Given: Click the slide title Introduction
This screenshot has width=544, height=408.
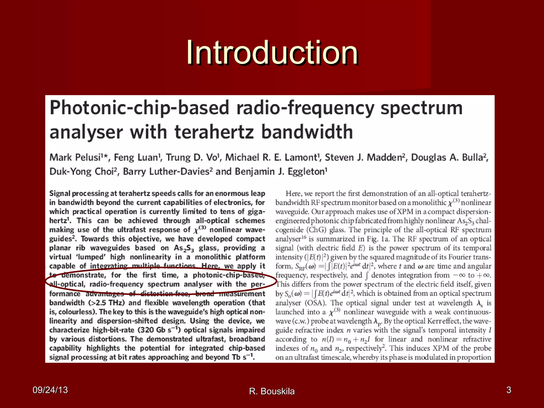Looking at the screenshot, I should [x=272, y=52].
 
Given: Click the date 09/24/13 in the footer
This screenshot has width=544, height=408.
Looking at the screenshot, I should [x=50, y=390].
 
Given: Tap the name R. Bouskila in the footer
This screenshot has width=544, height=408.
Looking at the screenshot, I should [x=272, y=391].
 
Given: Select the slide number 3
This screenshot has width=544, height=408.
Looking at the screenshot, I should [x=508, y=390].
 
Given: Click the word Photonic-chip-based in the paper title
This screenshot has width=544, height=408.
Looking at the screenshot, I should [x=139, y=108].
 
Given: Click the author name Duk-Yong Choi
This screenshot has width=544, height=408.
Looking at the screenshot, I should [x=82, y=172].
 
